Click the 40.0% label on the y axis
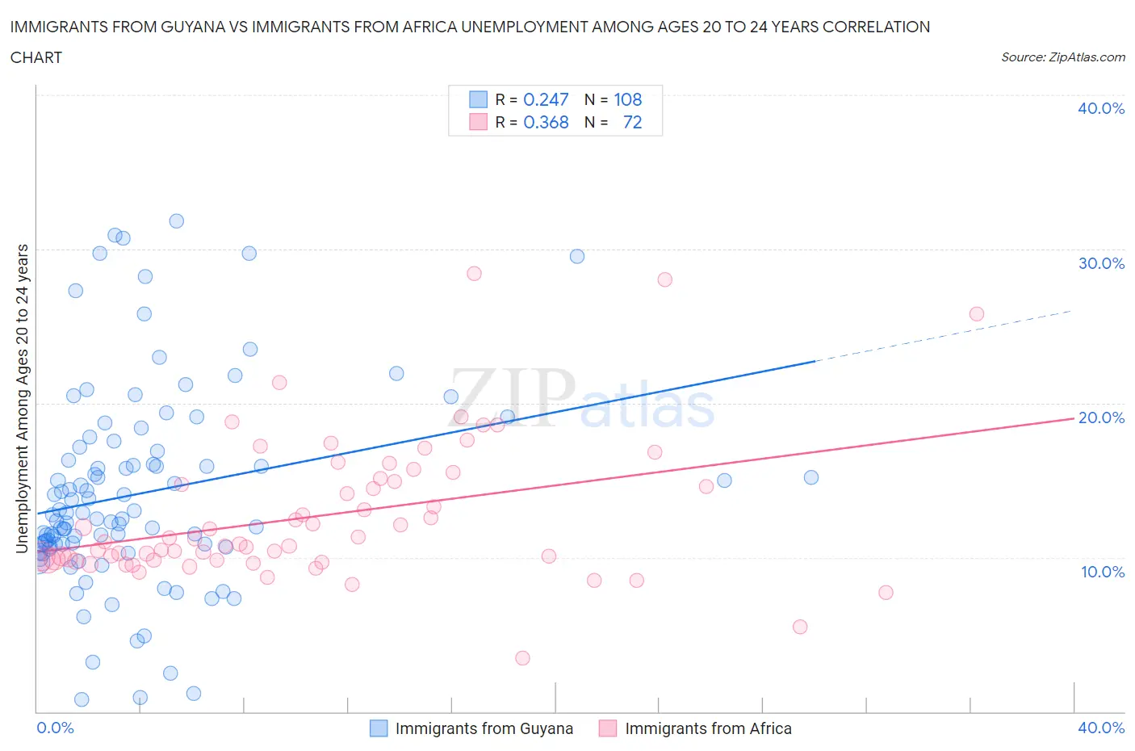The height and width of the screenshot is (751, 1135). click(1100, 108)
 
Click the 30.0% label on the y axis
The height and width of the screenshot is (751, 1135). click(1100, 263)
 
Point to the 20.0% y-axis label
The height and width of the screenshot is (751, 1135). click(1100, 417)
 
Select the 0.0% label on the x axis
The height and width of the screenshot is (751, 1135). click(55, 728)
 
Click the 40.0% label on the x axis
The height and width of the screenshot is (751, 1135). click(1101, 728)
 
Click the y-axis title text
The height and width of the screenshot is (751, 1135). click(22, 398)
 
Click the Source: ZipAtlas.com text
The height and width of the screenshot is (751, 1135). click(1062, 57)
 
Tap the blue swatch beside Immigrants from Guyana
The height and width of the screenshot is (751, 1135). click(379, 728)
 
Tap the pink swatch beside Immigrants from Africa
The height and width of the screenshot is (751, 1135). click(608, 728)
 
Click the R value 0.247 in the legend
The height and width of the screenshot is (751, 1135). click(546, 99)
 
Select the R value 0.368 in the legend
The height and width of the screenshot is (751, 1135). click(546, 122)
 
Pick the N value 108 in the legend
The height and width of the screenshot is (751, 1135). click(627, 99)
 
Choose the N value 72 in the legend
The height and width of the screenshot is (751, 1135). click(632, 122)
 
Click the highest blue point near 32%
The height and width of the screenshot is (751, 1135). click(176, 221)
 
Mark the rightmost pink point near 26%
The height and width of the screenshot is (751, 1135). click(976, 314)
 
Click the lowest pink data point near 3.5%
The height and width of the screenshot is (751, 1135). click(522, 658)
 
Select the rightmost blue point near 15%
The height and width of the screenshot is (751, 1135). click(811, 477)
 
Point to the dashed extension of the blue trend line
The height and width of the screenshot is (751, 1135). click(944, 336)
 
